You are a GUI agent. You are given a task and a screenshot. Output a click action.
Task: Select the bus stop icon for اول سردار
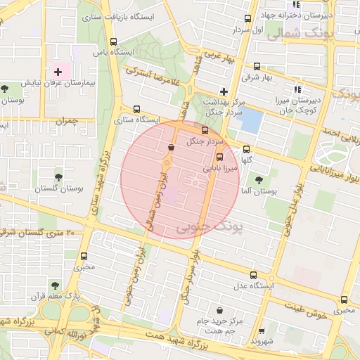(247, 19)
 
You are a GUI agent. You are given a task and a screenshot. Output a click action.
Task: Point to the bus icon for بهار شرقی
(255, 66)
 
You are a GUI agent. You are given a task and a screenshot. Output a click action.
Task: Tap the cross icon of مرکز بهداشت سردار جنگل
(224, 91)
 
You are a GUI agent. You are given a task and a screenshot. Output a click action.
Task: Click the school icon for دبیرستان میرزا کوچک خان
(297, 89)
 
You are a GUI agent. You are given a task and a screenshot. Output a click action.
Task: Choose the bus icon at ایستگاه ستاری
(136, 109)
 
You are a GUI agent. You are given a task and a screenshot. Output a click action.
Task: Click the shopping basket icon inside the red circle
(172, 147)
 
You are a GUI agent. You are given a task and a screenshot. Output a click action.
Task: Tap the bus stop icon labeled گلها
(246, 149)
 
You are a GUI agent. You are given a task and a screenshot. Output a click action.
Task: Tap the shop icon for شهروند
(262, 330)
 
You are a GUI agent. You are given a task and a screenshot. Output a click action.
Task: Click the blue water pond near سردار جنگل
(248, 120)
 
